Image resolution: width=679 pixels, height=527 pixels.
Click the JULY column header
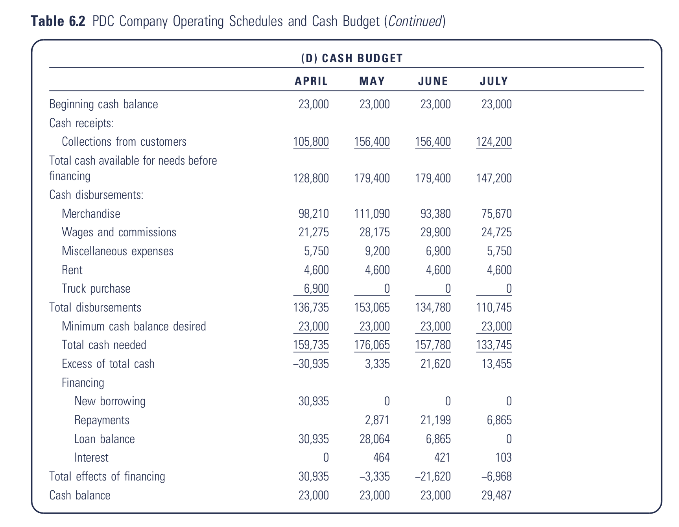(494, 81)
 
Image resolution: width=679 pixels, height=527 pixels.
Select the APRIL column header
(311, 81)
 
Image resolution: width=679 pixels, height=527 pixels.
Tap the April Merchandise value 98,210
(314, 214)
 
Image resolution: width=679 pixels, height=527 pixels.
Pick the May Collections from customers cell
(372, 142)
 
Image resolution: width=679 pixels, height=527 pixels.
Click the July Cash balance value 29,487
(496, 495)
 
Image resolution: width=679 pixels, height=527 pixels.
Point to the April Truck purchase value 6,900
(316, 289)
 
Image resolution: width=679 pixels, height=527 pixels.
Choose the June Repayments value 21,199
(435, 420)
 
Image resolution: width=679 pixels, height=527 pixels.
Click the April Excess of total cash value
(311, 364)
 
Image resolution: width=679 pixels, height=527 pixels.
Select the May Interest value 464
(381, 458)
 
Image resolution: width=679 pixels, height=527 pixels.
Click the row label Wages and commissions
(119, 232)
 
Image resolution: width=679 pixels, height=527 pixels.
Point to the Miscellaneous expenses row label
(117, 251)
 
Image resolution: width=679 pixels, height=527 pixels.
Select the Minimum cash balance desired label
(134, 327)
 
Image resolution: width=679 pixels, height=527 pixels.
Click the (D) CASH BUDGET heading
(352, 58)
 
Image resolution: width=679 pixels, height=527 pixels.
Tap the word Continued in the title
(415, 21)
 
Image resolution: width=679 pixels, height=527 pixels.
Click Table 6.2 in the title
(58, 21)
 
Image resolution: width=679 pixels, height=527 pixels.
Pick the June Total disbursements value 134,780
(433, 308)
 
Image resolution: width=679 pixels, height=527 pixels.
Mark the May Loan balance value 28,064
(375, 439)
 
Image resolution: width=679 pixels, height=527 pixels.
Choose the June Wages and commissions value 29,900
(435, 232)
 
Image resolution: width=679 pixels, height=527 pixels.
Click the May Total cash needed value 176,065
(372, 345)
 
